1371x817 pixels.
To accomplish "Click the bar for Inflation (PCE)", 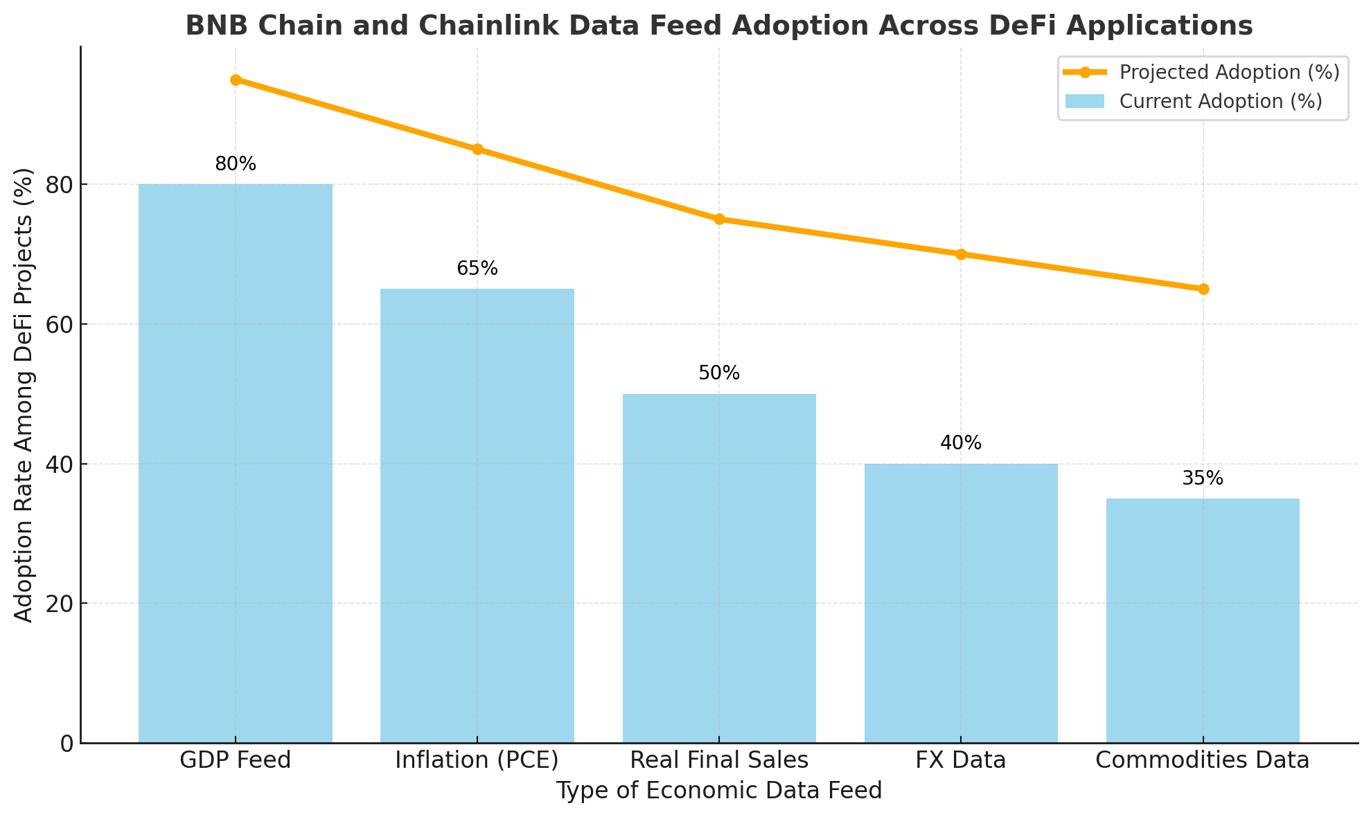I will pos(477,515).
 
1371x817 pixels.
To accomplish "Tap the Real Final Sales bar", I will pos(719,568).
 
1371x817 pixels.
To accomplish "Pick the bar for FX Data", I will pos(961,602).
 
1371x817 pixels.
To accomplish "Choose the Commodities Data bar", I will pos(1203,620).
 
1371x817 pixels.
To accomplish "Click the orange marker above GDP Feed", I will pos(236,80).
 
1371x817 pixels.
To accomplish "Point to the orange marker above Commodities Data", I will pos(1203,289).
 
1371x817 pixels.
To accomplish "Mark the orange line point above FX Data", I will pos(961,254).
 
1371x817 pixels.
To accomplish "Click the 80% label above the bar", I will pos(236,165).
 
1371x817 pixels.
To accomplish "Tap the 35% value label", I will pos(1203,478).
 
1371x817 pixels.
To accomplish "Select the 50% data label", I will pos(719,374).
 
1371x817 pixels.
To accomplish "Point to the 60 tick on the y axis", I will pos(60,324).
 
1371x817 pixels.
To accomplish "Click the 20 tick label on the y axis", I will pos(60,604).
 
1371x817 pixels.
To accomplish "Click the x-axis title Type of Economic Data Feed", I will pos(719,791).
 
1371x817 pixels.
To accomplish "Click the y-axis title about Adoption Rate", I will pos(24,395).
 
